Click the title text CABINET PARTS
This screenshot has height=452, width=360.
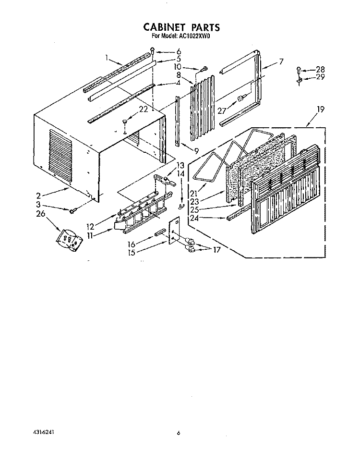[176, 27]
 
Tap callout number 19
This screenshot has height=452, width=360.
[321, 110]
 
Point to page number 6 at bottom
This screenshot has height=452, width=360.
[178, 433]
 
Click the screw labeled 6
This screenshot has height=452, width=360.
[152, 50]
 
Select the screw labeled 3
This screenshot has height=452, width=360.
[72, 210]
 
